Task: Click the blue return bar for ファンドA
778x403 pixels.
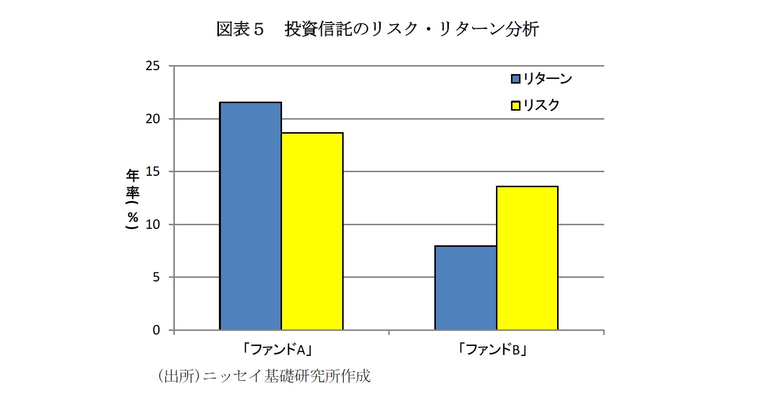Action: pos(250,216)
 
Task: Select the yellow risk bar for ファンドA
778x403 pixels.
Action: pos(312,231)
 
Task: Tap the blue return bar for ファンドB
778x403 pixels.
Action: pos(465,288)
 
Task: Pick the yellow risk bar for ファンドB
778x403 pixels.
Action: pos(527,258)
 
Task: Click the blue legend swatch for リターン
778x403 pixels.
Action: pos(515,79)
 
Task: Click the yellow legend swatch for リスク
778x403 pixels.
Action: pos(515,106)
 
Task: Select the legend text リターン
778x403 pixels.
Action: pos(547,79)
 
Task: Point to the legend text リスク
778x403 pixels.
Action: pos(541,105)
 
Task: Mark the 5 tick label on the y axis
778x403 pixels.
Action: pos(156,277)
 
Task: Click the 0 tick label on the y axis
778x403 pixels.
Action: pos(156,330)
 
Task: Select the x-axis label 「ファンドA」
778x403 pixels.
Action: pos(281,350)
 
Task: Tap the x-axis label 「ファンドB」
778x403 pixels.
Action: pos(496,350)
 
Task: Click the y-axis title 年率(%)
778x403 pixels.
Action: pos(133,199)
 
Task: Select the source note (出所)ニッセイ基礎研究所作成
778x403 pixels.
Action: pos(264,376)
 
